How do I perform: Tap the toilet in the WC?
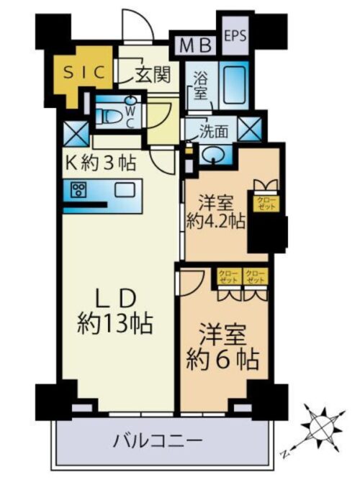(112, 114)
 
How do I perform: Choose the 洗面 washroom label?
(215, 132)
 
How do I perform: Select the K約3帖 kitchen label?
(98, 164)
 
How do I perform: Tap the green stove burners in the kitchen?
(78, 191)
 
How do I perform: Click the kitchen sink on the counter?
(125, 191)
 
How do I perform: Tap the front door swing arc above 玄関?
(135, 29)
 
